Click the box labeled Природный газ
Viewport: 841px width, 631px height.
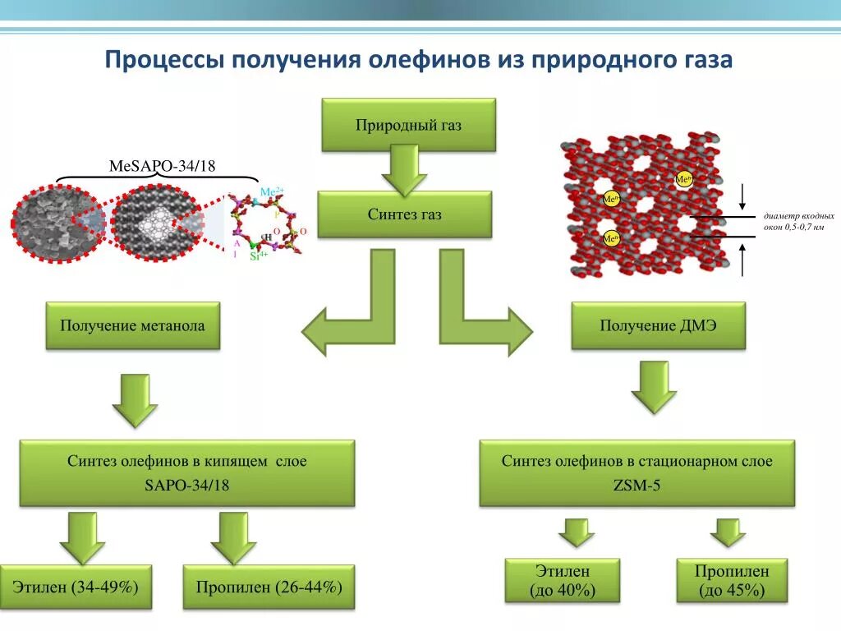408,125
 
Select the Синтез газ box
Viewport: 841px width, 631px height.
404,214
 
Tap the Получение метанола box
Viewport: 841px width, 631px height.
132,325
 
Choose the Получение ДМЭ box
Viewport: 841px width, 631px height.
658,325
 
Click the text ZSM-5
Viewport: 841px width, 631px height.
636,486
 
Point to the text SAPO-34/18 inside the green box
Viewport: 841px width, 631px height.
187,486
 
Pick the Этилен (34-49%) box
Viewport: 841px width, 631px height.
76,587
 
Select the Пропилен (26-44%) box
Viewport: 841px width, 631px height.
269,587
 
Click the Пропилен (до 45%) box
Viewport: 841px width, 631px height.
731,581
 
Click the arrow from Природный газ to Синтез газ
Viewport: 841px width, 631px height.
404,169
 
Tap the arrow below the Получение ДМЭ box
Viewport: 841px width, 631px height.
655,386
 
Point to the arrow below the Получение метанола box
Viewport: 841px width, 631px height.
134,399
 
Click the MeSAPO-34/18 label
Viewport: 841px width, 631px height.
162,167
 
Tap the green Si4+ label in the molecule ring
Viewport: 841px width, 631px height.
260,256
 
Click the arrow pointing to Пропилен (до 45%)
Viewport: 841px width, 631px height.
728,532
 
